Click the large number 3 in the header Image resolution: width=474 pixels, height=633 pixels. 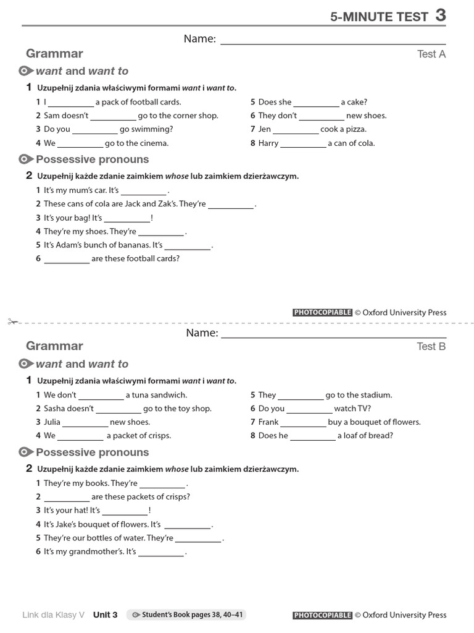[x=440, y=15]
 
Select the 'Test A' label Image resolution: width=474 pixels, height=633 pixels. [x=431, y=54]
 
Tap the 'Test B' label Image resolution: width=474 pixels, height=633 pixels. [x=431, y=346]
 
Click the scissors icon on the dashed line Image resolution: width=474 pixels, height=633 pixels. [x=13, y=321]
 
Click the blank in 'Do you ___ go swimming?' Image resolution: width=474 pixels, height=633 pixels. [x=95, y=130]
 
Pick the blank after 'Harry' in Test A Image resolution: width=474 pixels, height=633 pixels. [x=303, y=143]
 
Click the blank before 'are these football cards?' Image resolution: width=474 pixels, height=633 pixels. [x=67, y=259]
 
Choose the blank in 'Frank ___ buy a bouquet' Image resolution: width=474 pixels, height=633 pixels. [x=304, y=422]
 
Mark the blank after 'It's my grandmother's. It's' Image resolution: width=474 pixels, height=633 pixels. [x=161, y=552]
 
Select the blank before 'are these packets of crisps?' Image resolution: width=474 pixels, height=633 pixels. [x=67, y=497]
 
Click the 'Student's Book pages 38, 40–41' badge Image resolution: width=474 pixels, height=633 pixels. [x=186, y=614]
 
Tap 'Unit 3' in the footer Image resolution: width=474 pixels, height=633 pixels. [x=105, y=614]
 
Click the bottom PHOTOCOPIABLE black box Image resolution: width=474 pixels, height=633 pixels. [x=322, y=615]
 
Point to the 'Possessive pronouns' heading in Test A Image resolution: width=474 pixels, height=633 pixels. [x=92, y=159]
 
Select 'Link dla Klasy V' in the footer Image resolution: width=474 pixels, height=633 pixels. [x=54, y=614]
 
